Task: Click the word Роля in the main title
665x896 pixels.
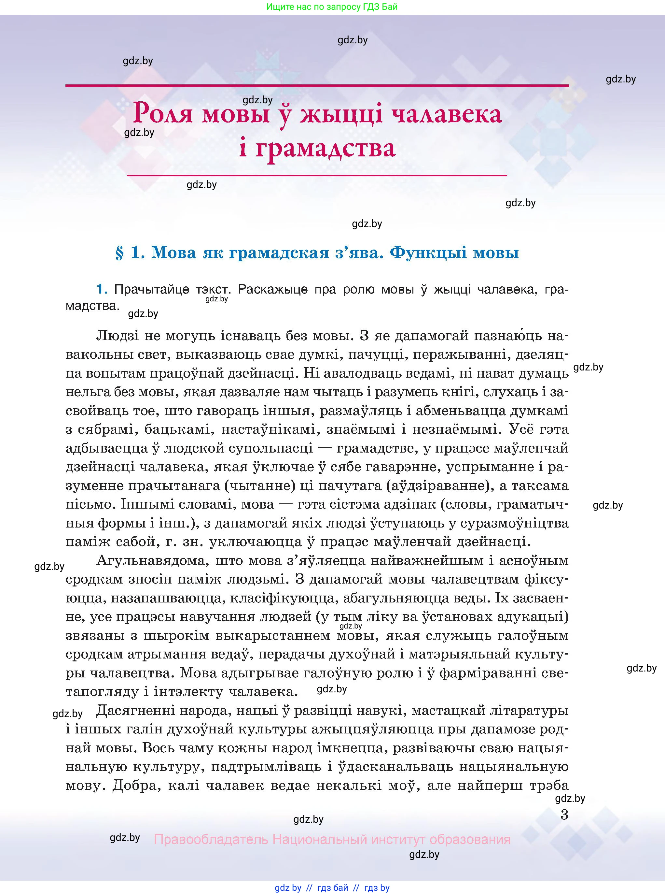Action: [x=163, y=114]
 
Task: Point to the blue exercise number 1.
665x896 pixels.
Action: [x=102, y=289]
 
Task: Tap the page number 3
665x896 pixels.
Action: [x=564, y=815]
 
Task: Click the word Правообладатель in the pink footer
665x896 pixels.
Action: [x=211, y=840]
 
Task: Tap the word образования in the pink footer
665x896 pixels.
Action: [x=470, y=840]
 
